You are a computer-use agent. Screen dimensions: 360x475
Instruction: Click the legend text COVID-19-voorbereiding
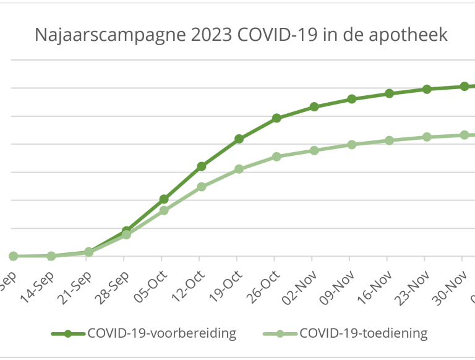pos(162,333)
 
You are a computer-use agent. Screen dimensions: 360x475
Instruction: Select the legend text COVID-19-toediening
pos(363,333)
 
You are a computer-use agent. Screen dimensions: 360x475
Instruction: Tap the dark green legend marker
pos(67,334)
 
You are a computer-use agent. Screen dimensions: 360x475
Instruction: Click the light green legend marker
pos(280,334)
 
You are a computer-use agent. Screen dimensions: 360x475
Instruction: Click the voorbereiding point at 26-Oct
pos(276,118)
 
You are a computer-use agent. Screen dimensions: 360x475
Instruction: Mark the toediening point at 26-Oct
pos(276,156)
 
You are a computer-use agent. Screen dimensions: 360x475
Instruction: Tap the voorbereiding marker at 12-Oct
pos(201,166)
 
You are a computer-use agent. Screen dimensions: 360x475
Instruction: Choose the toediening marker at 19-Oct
pos(239,169)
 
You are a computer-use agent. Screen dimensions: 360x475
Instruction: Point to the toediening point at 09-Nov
pos(351,145)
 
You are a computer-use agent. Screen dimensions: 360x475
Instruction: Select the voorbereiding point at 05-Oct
pos(164,199)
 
